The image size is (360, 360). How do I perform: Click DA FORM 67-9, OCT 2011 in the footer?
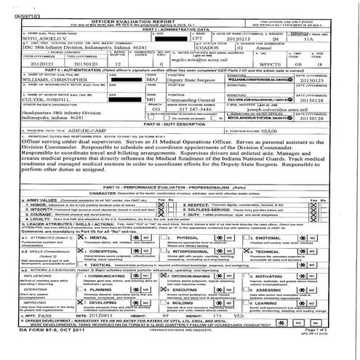click(x=40, y=351)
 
